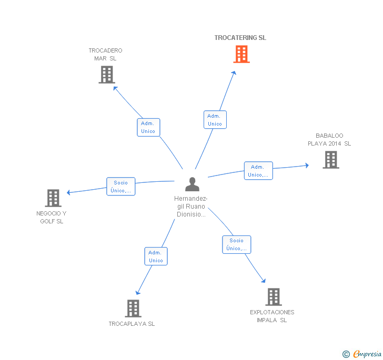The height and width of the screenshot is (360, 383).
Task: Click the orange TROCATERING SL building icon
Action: (x=241, y=54)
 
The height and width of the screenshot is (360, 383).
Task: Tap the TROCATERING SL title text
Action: (x=240, y=38)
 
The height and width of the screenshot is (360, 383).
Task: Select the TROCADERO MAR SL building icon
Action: (x=107, y=75)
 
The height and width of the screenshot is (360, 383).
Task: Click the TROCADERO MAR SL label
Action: (x=105, y=55)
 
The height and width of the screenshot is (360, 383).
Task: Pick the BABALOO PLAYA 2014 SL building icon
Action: (x=330, y=160)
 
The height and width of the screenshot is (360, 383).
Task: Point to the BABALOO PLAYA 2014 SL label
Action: (x=329, y=140)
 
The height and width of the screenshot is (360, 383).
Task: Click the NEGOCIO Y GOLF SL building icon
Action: (x=53, y=198)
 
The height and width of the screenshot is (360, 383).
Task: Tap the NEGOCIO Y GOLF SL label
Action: (x=52, y=218)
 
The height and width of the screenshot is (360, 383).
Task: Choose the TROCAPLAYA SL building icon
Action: (x=133, y=308)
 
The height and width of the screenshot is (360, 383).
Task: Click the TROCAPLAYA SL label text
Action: (x=132, y=324)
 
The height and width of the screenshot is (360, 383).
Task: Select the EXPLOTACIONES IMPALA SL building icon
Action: (x=273, y=297)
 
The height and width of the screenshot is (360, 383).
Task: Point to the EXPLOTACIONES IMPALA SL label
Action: (x=272, y=316)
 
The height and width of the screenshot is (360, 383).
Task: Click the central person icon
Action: (x=192, y=184)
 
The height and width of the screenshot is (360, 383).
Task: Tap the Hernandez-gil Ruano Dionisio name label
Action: (x=191, y=207)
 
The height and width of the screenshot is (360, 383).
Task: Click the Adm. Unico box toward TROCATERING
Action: (x=215, y=120)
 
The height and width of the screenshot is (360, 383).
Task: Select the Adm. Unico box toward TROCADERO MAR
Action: (x=148, y=127)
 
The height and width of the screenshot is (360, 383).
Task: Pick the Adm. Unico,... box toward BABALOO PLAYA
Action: (x=258, y=171)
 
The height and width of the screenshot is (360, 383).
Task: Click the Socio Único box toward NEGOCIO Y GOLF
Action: (x=121, y=187)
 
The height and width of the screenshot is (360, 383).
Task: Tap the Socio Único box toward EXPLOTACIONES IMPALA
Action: (x=236, y=244)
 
